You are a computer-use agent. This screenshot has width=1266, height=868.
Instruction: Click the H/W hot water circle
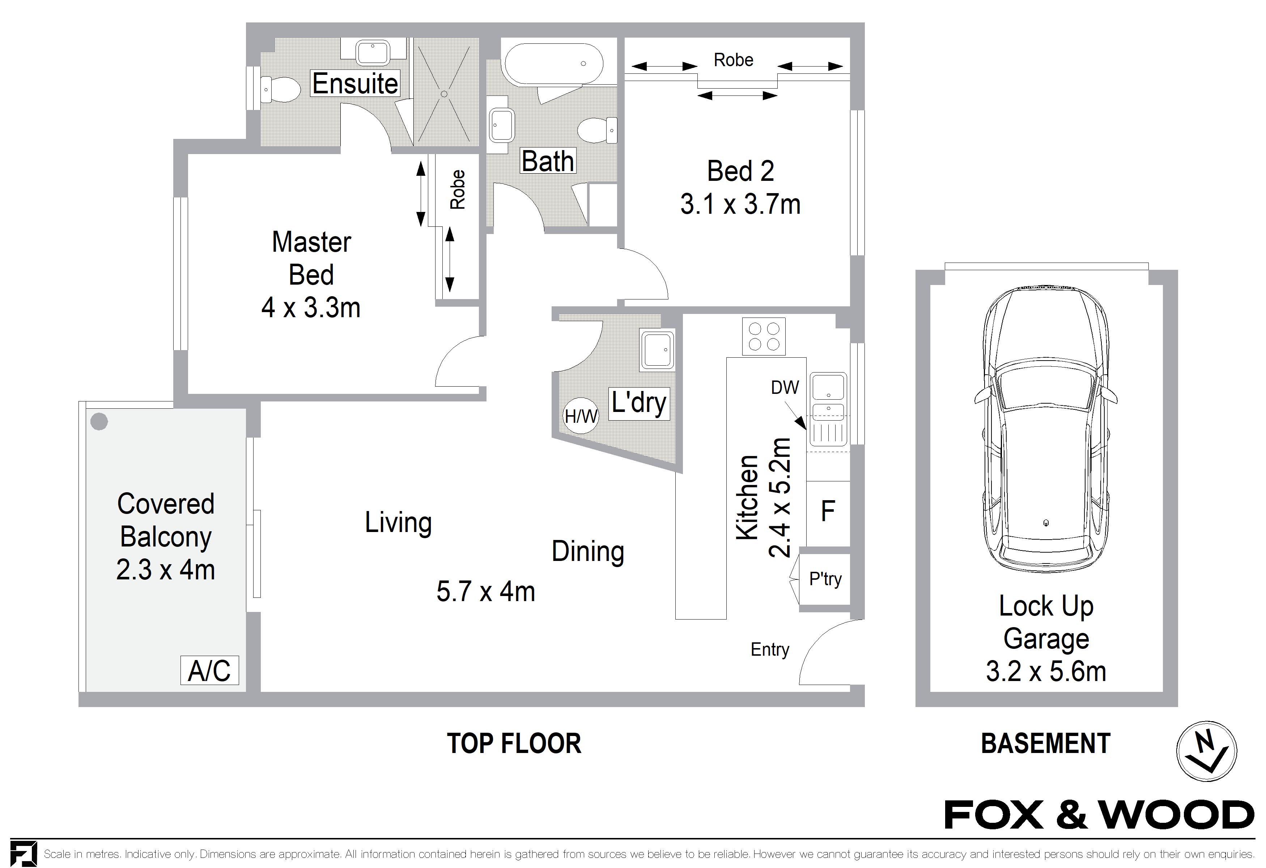(581, 416)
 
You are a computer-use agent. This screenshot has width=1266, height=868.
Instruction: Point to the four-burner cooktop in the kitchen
(763, 336)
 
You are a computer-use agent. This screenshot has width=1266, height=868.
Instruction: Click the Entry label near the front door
(769, 649)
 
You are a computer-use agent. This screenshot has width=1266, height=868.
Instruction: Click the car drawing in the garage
(1045, 430)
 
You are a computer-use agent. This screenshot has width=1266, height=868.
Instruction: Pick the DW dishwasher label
(785, 387)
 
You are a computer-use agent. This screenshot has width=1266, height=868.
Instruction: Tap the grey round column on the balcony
(99, 421)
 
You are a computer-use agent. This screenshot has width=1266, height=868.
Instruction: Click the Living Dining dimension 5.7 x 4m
(485, 591)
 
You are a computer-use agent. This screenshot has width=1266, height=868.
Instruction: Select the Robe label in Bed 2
(733, 60)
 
